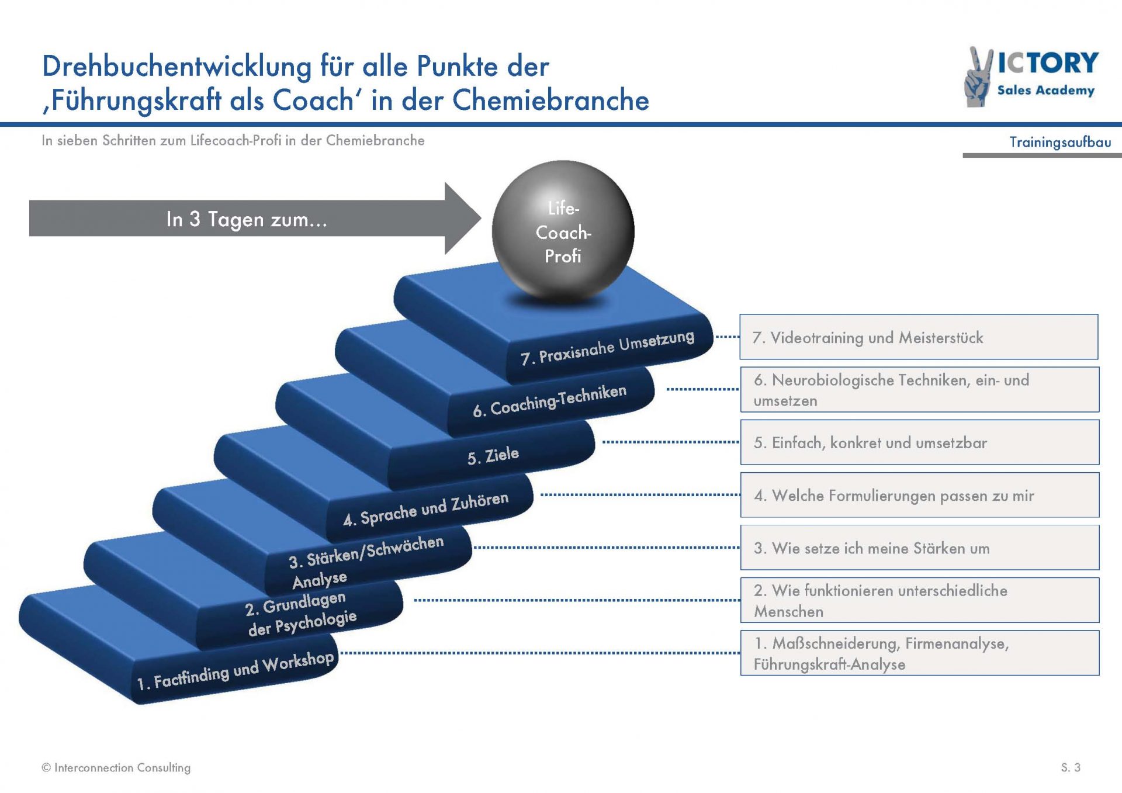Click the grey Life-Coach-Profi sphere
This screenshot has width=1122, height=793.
coord(563,232)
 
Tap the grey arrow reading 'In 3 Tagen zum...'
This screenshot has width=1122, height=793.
coord(255,219)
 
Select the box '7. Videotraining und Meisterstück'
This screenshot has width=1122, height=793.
coord(919,337)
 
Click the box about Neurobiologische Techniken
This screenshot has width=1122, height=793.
coord(919,390)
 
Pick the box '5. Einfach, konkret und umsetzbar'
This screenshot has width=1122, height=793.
coord(919,442)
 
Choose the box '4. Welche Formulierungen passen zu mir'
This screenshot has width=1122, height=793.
coord(919,495)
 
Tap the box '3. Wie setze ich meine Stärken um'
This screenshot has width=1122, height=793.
coord(919,548)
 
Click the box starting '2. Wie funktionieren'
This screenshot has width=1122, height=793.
coord(919,600)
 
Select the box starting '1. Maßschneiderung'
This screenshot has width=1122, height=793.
coord(919,653)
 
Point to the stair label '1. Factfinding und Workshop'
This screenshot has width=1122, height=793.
coord(236,670)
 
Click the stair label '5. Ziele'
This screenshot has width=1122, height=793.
coord(493,455)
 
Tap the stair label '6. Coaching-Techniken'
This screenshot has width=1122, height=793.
coord(550,401)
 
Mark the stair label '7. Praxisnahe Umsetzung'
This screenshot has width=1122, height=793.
coord(608,348)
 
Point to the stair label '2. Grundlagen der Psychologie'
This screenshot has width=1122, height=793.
coord(300,614)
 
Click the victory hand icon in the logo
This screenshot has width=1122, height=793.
coord(978,77)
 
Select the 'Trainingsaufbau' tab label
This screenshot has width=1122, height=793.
coord(1060,142)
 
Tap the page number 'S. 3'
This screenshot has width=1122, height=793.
coord(1071,767)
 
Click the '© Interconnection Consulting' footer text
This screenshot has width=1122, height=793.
coord(116,767)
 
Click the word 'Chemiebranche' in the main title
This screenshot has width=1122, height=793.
coord(550,100)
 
